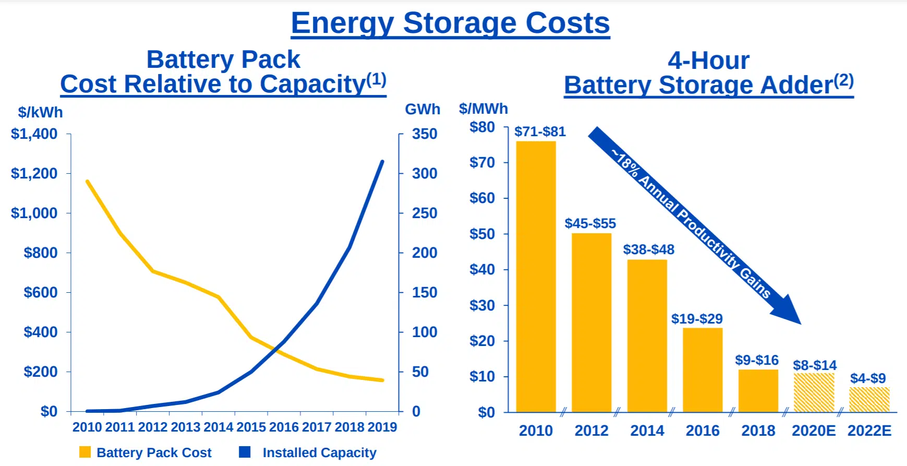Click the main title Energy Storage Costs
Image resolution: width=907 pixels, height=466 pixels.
tap(450, 23)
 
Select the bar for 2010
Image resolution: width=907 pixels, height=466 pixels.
tap(536, 277)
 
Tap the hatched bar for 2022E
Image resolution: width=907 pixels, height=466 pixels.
tap(869, 400)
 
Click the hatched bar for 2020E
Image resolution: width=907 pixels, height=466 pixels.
tap(814, 392)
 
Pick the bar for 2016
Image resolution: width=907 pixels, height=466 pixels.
tap(703, 369)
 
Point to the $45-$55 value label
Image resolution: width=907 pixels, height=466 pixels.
tap(590, 223)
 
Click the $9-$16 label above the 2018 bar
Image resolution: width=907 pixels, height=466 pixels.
tap(756, 360)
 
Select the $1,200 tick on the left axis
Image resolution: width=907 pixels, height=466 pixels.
tap(34, 173)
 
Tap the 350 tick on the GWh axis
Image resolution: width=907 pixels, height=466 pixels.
tap(425, 134)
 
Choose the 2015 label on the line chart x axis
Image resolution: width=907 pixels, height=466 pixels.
tap(251, 427)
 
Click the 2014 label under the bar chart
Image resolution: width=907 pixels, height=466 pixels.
tap(647, 431)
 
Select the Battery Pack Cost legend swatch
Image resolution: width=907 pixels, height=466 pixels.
tap(85, 452)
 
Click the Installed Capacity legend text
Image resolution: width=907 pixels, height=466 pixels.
tap(319, 452)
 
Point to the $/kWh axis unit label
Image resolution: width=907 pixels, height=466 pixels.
tap(40, 112)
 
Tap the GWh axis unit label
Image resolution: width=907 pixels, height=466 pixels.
tap(422, 109)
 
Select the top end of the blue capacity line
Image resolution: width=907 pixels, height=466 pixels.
tap(382, 162)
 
